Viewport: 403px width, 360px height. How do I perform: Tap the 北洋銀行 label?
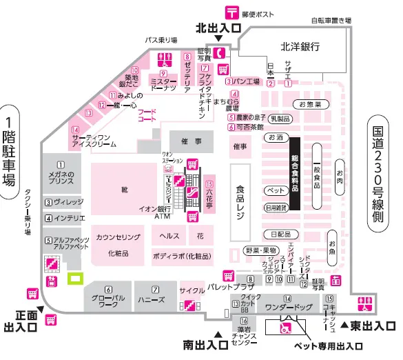point(300,47)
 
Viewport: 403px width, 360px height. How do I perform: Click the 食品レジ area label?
point(240,201)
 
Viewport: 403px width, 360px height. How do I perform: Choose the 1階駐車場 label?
point(9,153)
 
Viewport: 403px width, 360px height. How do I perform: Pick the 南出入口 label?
point(206,343)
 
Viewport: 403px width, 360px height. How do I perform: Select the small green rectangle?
point(74,279)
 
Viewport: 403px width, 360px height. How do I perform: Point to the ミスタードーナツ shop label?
point(164,81)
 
